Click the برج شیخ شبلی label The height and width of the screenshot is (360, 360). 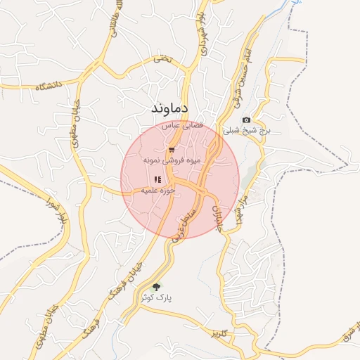(246, 131)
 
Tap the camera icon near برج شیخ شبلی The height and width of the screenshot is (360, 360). (246, 120)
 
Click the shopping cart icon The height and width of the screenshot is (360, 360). (172, 150)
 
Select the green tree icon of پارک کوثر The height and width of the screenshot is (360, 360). (156, 287)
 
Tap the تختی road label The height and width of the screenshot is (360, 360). (162, 60)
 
